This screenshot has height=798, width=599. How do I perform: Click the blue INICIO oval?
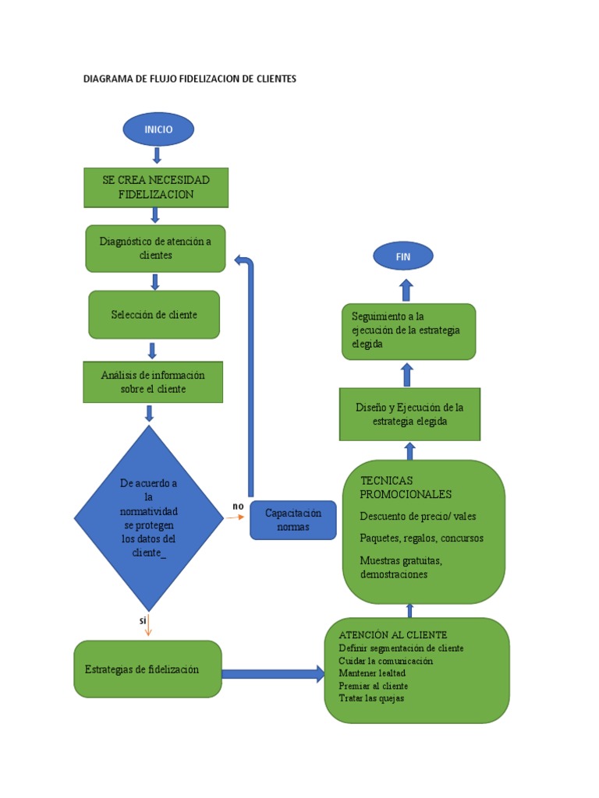click(x=158, y=129)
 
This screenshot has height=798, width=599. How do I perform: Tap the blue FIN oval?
click(x=402, y=256)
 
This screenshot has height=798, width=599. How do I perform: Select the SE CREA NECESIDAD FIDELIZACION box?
click(x=156, y=187)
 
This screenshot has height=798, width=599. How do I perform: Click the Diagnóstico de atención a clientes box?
click(x=155, y=248)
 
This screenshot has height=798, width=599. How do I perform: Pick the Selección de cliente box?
click(x=154, y=315)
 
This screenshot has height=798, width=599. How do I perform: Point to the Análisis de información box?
click(x=153, y=382)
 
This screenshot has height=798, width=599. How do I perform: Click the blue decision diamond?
click(x=148, y=518)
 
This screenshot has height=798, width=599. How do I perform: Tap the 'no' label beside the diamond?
click(x=238, y=507)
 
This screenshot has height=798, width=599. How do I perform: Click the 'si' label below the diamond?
click(x=143, y=620)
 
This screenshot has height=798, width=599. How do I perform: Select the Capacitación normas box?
click(x=292, y=520)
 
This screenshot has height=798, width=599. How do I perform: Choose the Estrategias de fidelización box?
click(x=147, y=669)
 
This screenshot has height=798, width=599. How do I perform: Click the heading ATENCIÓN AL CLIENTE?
click(x=393, y=635)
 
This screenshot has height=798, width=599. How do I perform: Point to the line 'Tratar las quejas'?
click(x=371, y=698)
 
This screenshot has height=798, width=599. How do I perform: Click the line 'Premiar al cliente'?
click(x=374, y=686)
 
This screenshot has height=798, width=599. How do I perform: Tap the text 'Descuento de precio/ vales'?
click(x=417, y=516)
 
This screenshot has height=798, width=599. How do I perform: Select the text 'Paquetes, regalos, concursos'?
click(x=421, y=538)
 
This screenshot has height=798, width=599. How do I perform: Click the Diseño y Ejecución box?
click(x=409, y=414)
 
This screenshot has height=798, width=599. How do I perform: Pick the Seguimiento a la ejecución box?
click(x=408, y=330)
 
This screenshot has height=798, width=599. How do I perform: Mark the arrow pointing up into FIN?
click(x=406, y=290)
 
